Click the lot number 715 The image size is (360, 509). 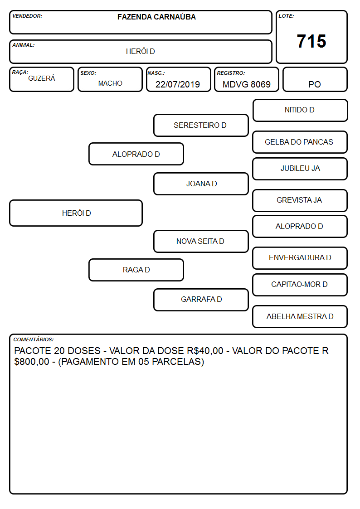click(x=311, y=41)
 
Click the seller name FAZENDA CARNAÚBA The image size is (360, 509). click(x=156, y=17)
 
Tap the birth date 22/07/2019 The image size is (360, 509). click(x=178, y=84)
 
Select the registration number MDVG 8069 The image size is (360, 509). click(x=246, y=84)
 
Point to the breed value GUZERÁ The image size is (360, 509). click(x=42, y=78)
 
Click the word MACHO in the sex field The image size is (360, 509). click(x=110, y=83)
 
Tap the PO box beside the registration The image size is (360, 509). click(x=315, y=79)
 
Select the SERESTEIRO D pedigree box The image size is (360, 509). click(x=201, y=125)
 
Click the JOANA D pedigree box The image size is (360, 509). click(x=201, y=184)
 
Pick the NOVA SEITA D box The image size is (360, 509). click(x=201, y=241)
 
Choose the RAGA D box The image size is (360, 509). click(x=136, y=270)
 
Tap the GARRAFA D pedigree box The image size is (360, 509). click(x=201, y=300)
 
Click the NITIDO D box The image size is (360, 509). click(x=300, y=111)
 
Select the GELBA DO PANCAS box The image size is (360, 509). click(x=300, y=142)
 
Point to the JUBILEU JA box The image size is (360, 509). click(x=300, y=169)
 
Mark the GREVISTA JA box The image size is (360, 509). click(x=300, y=200)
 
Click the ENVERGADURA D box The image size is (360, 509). click(x=300, y=258)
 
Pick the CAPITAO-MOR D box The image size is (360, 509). click(x=300, y=285)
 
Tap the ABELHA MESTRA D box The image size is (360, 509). click(x=300, y=316)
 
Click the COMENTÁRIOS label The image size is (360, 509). click(x=34, y=339)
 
